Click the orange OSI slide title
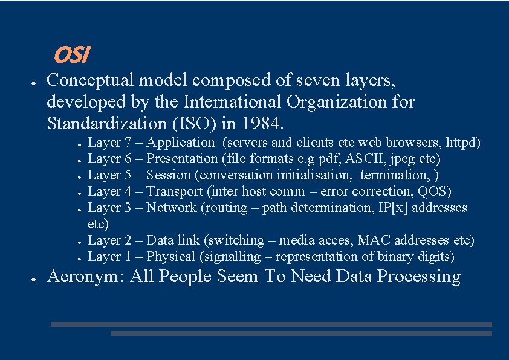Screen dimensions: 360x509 tap(71, 56)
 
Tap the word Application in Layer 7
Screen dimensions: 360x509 tap(180, 143)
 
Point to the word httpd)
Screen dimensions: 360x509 tap(463, 143)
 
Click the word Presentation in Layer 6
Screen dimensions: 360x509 tap(182, 159)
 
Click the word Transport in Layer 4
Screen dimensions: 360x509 tap(175, 192)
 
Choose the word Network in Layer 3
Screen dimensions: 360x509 tap(171, 208)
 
